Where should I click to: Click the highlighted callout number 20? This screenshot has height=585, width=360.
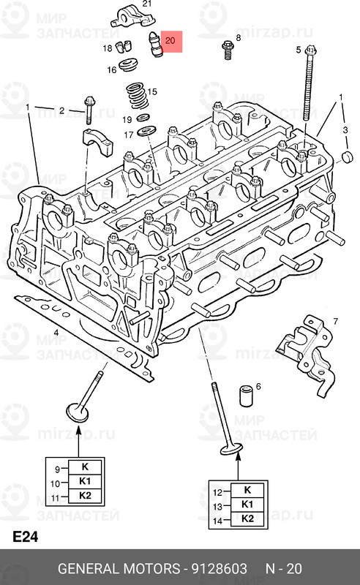pos(170,40)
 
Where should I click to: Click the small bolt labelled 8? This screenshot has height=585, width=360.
pos(228,50)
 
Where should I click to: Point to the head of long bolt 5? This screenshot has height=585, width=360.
pos(311,50)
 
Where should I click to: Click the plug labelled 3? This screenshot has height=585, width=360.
pos(348,157)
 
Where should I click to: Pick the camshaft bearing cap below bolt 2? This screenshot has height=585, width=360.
pos(97,141)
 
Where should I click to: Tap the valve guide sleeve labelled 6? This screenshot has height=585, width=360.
pos(245,395)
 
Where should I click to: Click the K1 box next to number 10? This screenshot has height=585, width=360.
pos(85,481)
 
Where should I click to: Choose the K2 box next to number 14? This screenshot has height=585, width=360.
pos(247,518)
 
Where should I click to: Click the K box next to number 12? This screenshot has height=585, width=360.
pos(247,490)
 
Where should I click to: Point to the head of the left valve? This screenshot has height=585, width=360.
pos(78,412)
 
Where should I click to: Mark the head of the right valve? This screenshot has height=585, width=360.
pos(231,449)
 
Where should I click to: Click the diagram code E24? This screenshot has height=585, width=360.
pos(26,537)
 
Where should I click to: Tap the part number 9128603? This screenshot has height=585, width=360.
pos(220,569)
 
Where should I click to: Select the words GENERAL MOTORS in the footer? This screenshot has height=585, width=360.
pos(119,569)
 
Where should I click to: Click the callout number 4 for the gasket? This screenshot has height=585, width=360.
pos(56,333)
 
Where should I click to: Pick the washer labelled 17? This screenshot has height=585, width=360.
pos(147,131)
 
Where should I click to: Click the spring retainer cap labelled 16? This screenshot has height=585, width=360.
pos(129,64)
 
